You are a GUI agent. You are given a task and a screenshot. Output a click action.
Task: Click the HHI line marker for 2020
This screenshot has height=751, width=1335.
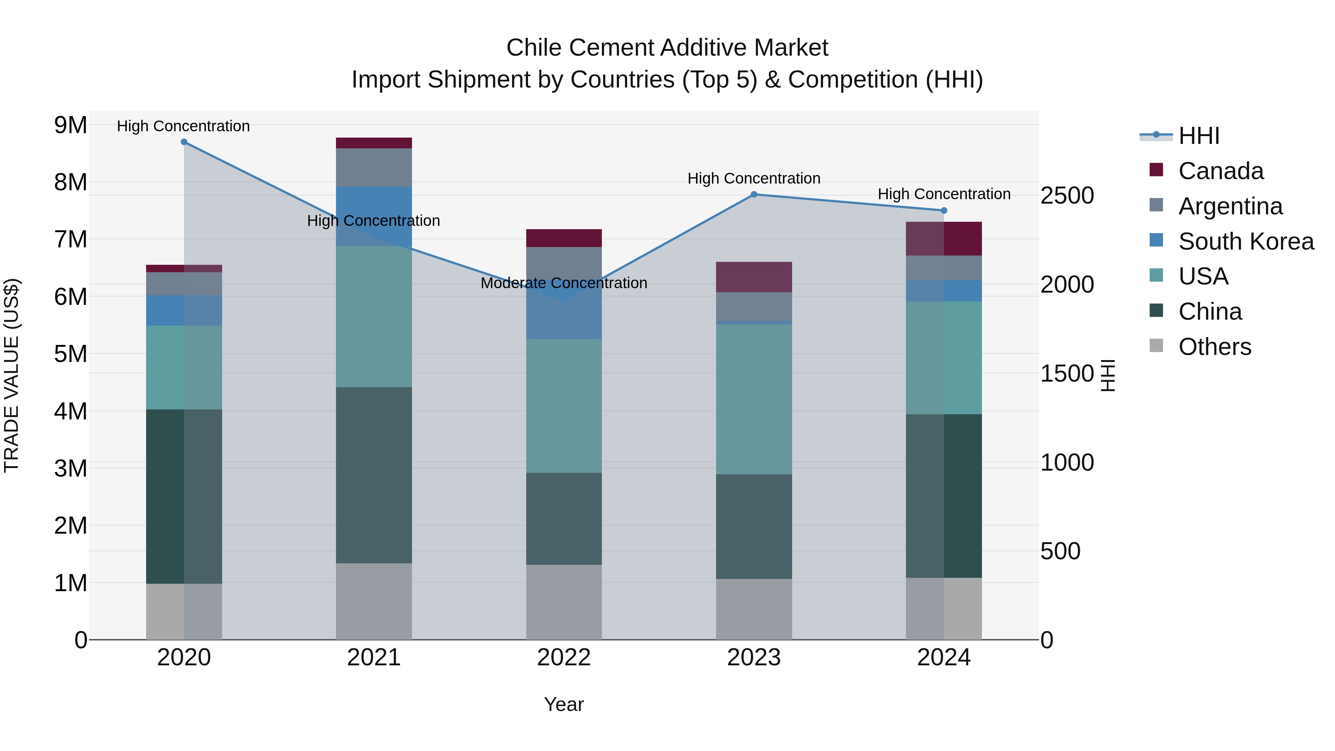click(184, 142)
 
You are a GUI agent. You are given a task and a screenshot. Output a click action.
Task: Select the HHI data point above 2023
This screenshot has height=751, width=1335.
click(754, 194)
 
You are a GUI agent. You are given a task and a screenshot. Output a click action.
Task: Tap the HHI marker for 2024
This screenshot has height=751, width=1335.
click(944, 210)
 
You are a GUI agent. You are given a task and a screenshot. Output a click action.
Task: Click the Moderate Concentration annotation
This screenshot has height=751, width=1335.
click(564, 283)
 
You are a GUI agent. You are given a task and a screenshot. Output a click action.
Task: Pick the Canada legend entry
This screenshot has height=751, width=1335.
click(1220, 171)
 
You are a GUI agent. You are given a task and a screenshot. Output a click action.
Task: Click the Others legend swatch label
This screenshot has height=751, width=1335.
click(1214, 347)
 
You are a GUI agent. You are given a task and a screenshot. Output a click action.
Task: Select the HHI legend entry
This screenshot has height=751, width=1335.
click(1199, 136)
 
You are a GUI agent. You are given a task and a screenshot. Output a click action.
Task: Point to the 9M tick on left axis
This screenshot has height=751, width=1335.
click(70, 125)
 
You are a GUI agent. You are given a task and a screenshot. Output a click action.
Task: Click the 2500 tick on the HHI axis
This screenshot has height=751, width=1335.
click(1067, 195)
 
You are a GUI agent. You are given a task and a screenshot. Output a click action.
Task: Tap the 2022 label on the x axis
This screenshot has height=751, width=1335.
click(564, 658)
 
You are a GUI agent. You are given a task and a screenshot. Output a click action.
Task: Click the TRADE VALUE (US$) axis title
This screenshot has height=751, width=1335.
click(11, 375)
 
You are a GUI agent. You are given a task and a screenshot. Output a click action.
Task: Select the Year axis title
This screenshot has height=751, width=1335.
click(564, 704)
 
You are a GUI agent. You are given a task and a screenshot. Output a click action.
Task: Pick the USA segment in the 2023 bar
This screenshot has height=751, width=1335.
click(754, 399)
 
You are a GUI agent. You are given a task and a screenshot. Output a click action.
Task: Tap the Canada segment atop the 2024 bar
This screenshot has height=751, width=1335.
click(944, 238)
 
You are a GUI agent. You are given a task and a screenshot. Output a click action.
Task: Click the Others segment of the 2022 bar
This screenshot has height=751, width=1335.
click(564, 602)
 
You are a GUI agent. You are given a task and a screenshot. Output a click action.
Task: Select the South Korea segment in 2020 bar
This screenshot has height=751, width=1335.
click(184, 310)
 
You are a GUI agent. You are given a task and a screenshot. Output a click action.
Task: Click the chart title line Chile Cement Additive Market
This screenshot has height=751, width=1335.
click(667, 48)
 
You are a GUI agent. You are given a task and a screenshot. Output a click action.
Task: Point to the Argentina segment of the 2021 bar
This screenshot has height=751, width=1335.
click(374, 167)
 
